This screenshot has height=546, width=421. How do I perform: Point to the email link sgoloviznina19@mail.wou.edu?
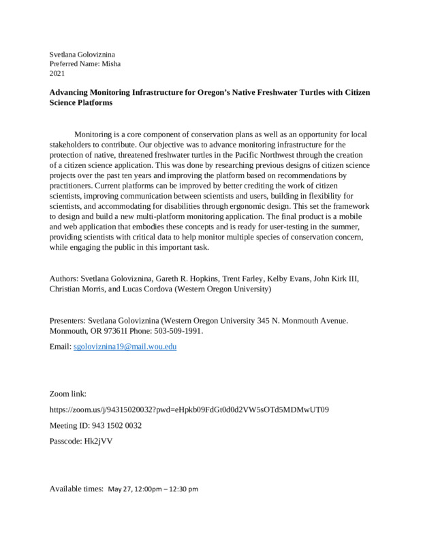coord(125,347)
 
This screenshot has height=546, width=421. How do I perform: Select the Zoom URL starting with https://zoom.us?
coord(189,409)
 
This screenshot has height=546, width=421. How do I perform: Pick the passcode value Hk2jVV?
coord(99,442)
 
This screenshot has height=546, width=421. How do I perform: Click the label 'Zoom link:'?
coord(68,394)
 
